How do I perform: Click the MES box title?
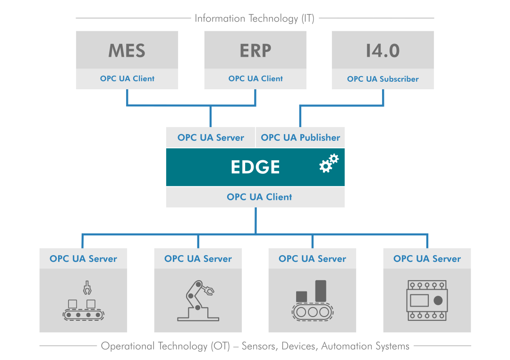click(127, 51)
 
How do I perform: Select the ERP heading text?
click(255, 51)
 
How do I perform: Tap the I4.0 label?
click(382, 51)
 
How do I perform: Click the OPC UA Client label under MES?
click(127, 79)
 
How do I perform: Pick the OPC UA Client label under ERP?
click(255, 79)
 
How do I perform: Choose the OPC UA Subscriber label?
click(382, 79)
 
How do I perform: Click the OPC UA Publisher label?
click(300, 137)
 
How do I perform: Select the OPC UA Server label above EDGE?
click(211, 137)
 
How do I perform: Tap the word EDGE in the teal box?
click(255, 167)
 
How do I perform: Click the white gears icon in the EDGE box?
click(329, 163)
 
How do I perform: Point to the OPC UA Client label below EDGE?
click(259, 197)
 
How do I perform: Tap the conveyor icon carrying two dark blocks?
click(312, 301)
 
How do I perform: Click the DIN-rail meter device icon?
click(427, 301)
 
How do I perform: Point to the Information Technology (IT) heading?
click(255, 18)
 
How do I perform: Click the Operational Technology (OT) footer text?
click(255, 346)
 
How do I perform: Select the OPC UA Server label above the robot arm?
click(198, 259)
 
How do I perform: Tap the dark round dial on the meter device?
click(438, 300)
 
